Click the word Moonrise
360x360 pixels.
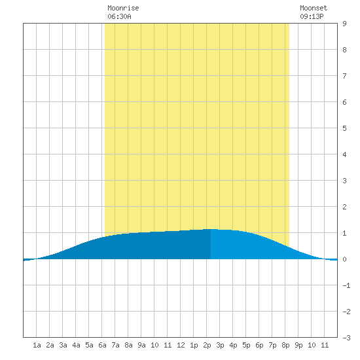click(123, 8)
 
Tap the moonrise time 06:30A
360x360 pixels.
click(119, 16)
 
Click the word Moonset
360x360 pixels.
click(314, 8)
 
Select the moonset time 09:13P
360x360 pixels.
click(312, 16)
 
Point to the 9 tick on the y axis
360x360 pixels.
click(344, 24)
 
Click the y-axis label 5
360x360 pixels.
click(344, 128)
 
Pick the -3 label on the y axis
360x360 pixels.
click(346, 338)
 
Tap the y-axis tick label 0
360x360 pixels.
click(344, 259)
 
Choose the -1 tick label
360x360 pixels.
click(346, 285)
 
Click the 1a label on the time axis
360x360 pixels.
click(37, 345)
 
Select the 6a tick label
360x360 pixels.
click(102, 345)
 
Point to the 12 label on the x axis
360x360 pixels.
click(181, 345)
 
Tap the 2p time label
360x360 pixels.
click(207, 345)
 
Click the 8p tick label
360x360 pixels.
click(285, 345)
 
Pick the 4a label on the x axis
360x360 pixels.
click(76, 345)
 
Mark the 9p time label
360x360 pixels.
click(298, 345)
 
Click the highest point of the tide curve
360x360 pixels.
click(211, 229)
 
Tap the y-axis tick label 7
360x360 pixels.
click(344, 76)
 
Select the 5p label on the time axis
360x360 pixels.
click(246, 345)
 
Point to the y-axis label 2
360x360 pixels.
click(344, 207)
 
